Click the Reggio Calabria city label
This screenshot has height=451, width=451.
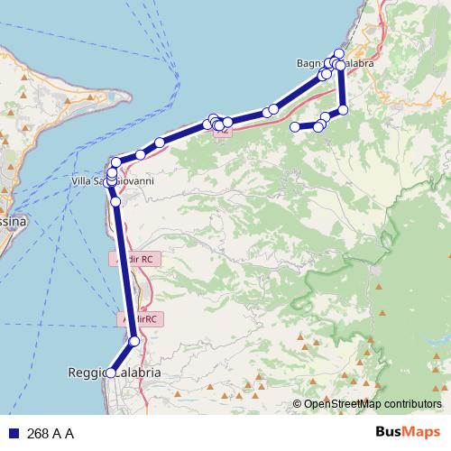click(x=115, y=373)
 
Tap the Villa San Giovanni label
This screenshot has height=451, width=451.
click(x=113, y=181)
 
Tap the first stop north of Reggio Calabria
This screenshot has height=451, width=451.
click(x=134, y=341)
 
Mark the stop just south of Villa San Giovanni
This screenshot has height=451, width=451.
click(x=116, y=202)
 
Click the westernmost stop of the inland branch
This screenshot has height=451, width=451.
click(x=294, y=127)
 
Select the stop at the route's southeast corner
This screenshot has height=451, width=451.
click(x=343, y=110)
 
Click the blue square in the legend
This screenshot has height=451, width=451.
click(x=14, y=434)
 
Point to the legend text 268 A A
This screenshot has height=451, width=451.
click(x=51, y=434)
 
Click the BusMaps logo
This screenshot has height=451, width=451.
click(x=408, y=433)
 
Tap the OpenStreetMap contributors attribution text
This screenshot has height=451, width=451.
click(x=373, y=404)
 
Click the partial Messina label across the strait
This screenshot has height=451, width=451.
click(x=14, y=221)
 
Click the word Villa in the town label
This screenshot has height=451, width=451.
click(x=81, y=181)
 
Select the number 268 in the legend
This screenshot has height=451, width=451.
click(x=38, y=434)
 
